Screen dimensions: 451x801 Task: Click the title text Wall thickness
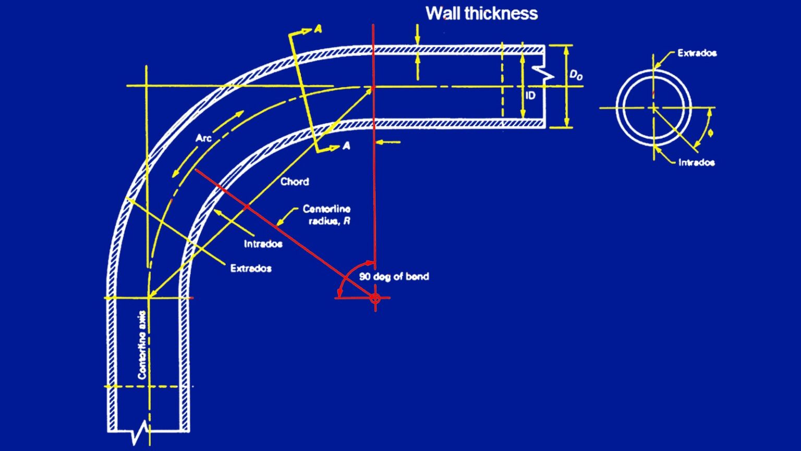coord(481,14)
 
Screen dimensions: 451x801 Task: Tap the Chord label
coord(295,182)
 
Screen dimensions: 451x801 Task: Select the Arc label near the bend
coord(203,138)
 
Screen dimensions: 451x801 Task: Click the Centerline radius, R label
coord(327,215)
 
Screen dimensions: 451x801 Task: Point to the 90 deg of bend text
coord(394,277)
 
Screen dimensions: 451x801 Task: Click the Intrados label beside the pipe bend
coord(263,244)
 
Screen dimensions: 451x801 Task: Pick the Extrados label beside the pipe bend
coord(251,268)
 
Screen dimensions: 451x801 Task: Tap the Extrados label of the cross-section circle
coord(697,53)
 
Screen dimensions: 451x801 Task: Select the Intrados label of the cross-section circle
coord(696,162)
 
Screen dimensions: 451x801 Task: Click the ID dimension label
coord(530,96)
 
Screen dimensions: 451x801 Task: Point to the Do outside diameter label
coord(576,75)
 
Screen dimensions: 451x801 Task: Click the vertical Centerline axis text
coord(142,345)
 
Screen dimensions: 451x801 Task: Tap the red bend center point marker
coord(375,298)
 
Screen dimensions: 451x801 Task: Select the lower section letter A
coord(346,147)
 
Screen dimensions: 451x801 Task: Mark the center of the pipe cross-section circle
coord(653,108)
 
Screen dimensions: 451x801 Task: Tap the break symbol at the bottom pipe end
coord(140,433)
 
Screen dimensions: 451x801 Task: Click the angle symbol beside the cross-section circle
coord(710,133)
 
